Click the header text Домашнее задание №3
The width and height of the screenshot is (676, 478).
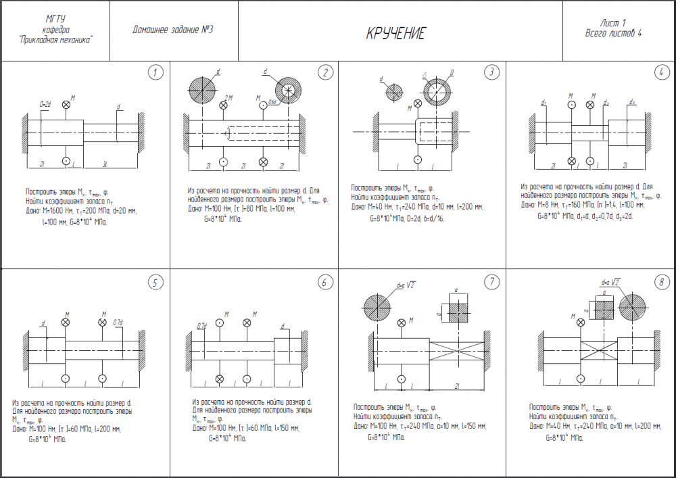(x=168, y=30)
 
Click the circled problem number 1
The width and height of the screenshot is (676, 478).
(x=155, y=72)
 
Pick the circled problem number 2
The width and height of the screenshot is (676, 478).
(x=325, y=72)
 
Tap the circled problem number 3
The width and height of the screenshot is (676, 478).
(x=492, y=72)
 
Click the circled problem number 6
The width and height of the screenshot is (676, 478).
(x=325, y=283)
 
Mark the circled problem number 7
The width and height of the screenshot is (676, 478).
(x=492, y=283)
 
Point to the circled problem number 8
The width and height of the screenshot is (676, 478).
(x=661, y=283)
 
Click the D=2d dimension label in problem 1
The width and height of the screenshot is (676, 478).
(x=45, y=104)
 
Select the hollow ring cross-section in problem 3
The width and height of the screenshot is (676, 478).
(x=437, y=88)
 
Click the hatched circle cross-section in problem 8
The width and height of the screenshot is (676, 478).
(x=635, y=308)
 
